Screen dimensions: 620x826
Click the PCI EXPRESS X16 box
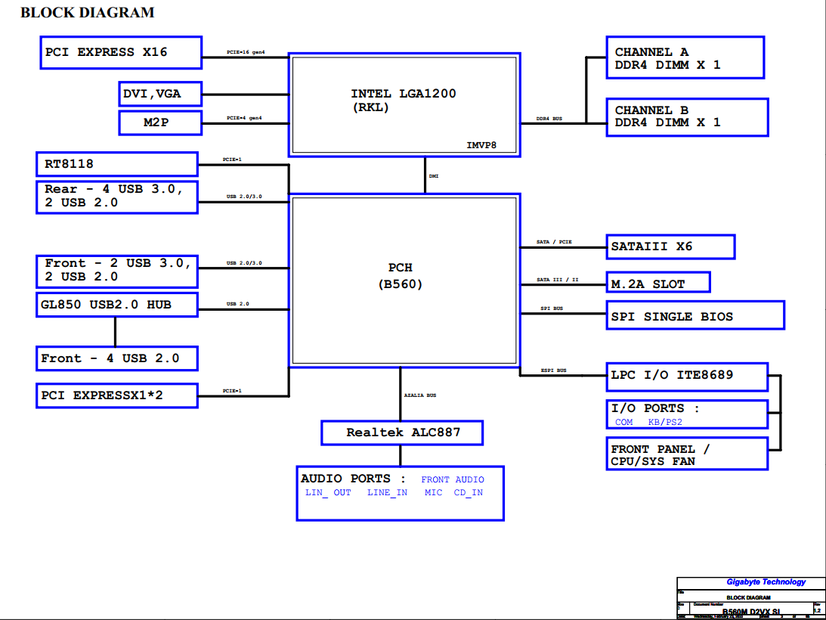[120, 52]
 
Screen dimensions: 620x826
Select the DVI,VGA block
[160, 94]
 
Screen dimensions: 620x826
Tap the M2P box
[160, 122]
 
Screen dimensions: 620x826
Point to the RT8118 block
[117, 163]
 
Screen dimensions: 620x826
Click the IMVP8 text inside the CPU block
[481, 144]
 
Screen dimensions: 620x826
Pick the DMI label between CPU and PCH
[434, 176]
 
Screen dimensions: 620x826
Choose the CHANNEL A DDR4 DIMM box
[685, 57]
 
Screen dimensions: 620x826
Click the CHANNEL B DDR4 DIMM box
[687, 116]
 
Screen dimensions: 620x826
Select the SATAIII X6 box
[670, 246]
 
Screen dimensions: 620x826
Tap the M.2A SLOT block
[658, 283]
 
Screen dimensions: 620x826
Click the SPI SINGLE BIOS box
[695, 315]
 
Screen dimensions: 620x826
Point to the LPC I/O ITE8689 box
[687, 375]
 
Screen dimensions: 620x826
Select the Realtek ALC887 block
[402, 432]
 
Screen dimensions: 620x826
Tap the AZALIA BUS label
[420, 395]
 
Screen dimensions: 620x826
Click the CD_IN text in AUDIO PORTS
[469, 492]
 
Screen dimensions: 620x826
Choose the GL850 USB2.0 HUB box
[117, 305]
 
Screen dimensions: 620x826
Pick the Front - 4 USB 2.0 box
[117, 358]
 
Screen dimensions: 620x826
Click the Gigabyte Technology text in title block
[766, 581]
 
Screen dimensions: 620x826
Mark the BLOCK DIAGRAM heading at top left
[87, 12]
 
